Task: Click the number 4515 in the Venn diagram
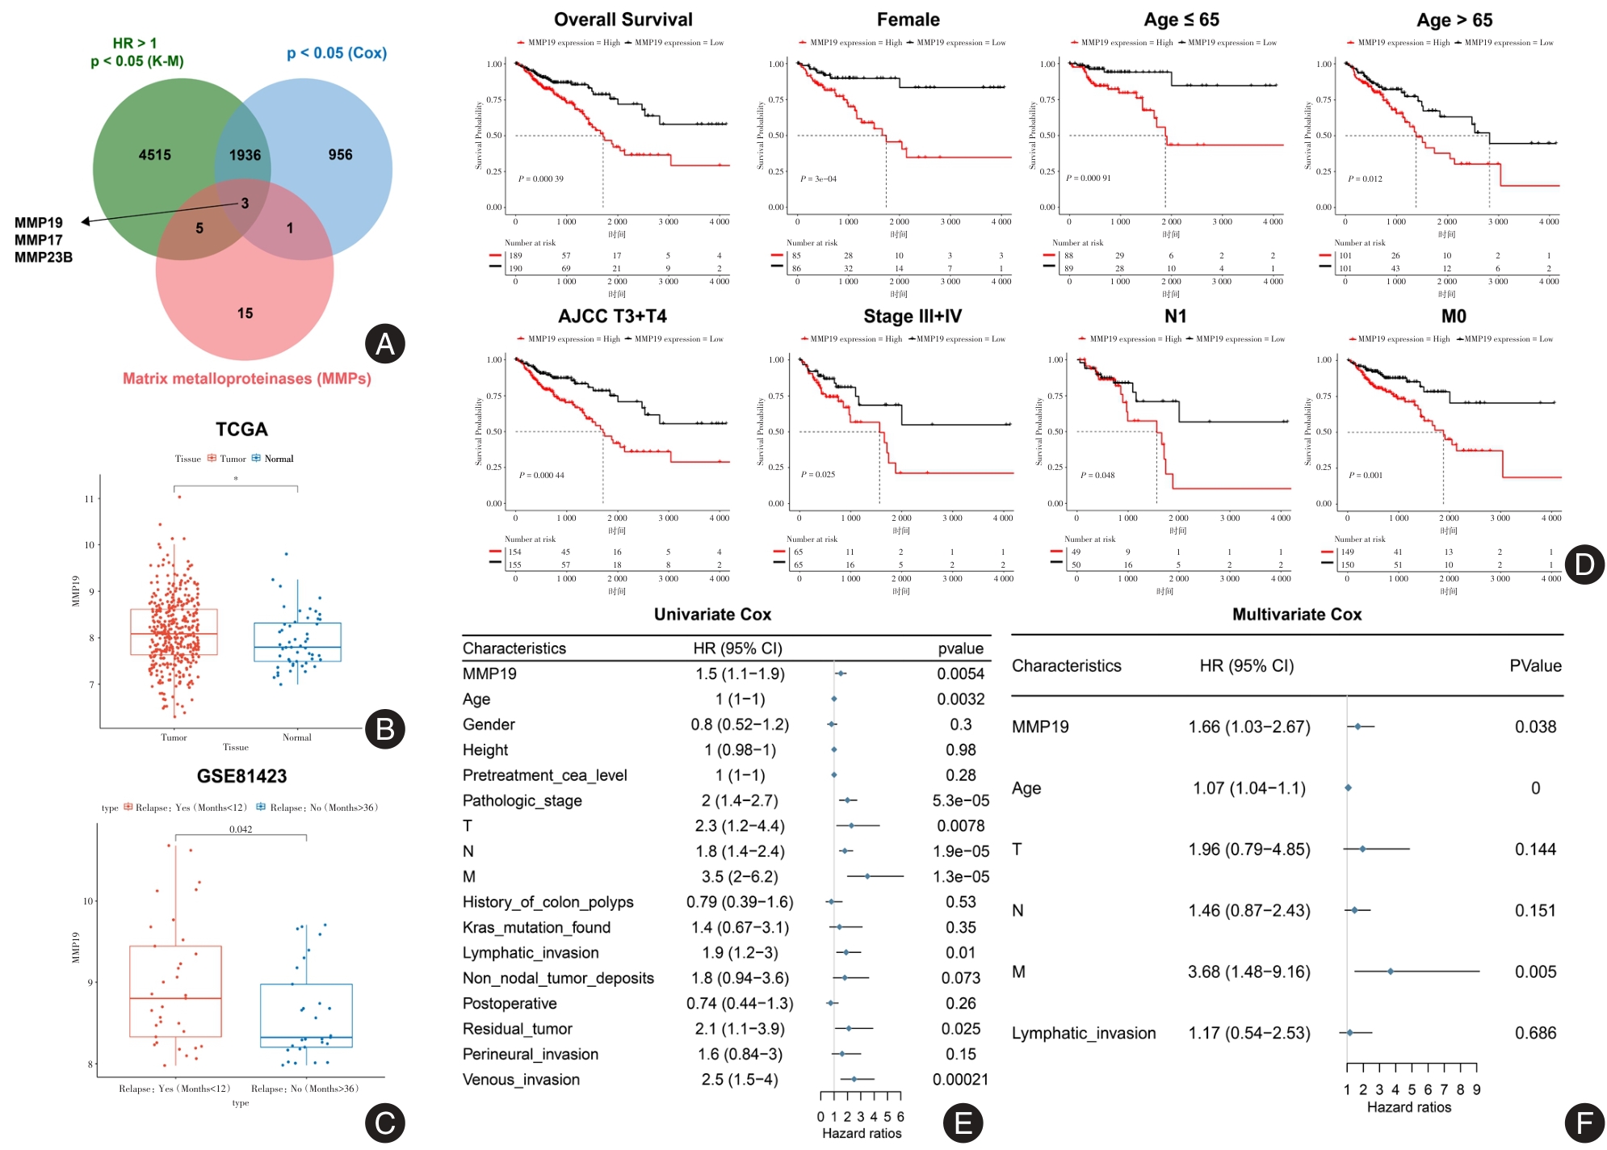154,155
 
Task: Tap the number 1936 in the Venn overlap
245,155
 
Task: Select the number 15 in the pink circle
245,313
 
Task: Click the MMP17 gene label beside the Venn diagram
38,240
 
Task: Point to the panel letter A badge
384,344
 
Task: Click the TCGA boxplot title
241,430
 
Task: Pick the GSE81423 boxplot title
241,776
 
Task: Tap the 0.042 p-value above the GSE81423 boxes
241,829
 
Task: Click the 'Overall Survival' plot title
623,20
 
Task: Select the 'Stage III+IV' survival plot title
912,317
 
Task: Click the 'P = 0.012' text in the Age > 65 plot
1365,178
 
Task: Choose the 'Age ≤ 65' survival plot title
1181,20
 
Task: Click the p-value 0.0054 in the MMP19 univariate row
960,674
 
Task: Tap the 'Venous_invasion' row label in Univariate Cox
521,1080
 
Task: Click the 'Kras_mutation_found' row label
536,928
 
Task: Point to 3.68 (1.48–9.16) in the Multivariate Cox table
1248,972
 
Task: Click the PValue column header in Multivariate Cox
1535,666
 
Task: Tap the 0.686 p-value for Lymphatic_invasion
1535,1033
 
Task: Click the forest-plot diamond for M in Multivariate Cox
1390,972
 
